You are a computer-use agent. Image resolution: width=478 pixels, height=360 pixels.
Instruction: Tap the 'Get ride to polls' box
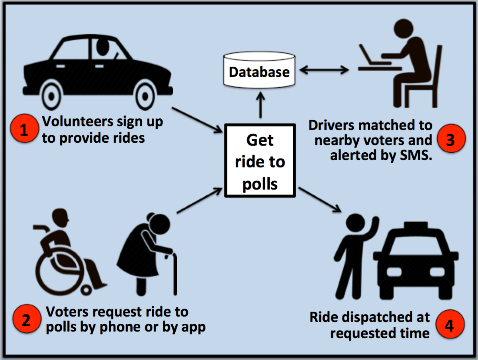tap(260, 160)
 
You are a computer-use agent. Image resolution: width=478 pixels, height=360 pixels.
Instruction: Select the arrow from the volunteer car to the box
tap(196, 119)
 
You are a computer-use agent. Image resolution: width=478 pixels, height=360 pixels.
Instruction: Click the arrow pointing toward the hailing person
tap(320, 199)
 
